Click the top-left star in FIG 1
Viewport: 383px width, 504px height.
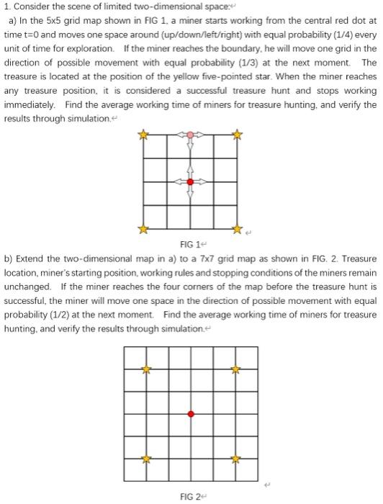click(143, 135)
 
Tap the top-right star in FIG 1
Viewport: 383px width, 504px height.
click(238, 135)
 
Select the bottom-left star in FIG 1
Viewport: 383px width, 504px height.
click(143, 229)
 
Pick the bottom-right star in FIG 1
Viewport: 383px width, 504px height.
click(238, 229)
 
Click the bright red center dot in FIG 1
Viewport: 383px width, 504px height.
click(190, 182)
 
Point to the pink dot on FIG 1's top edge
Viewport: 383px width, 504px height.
click(190, 135)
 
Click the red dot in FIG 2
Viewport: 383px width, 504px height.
click(190, 414)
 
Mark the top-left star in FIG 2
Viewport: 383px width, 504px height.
click(145, 369)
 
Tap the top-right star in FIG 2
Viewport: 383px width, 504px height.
click(235, 369)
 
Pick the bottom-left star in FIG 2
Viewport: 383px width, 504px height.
click(145, 458)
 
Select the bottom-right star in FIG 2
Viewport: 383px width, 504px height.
click(235, 458)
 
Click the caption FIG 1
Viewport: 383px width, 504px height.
click(189, 243)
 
